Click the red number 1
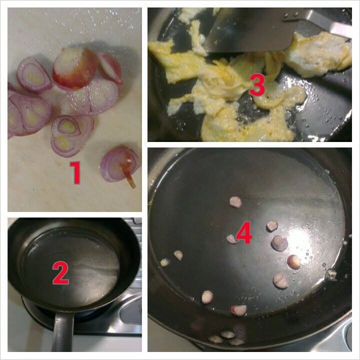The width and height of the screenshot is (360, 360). click(x=75, y=172)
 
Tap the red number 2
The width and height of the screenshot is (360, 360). click(x=60, y=273)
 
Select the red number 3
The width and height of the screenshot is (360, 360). click(x=257, y=85)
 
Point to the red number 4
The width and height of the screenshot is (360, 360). click(x=244, y=232)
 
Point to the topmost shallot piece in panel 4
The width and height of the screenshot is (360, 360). click(x=235, y=202)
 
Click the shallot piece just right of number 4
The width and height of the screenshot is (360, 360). click(x=272, y=225)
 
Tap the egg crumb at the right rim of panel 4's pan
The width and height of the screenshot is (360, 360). click(x=331, y=274)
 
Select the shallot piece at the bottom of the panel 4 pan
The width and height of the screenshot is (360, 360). click(x=238, y=310)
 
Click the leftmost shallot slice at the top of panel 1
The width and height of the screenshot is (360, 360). click(x=34, y=74)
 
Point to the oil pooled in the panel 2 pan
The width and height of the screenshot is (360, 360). click(x=70, y=266)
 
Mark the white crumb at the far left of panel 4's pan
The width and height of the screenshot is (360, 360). click(x=164, y=262)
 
